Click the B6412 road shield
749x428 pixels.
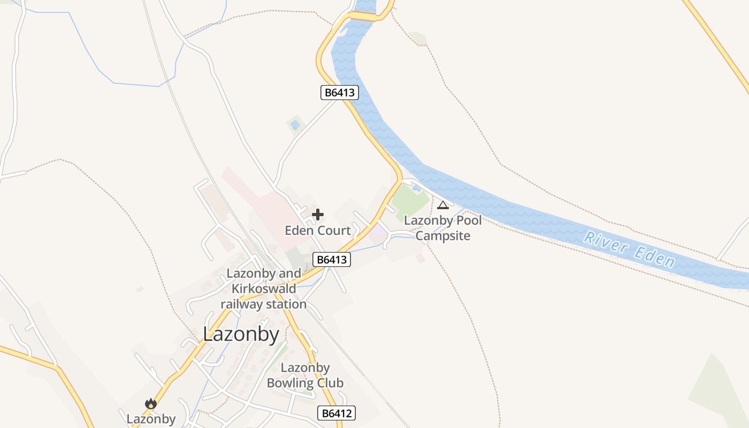click(337, 413)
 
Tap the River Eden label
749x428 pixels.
click(629, 249)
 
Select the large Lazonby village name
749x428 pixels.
click(241, 334)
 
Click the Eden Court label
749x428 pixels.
click(318, 231)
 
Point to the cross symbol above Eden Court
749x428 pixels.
click(318, 215)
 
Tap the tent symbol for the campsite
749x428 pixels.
click(443, 205)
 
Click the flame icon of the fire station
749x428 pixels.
click(151, 403)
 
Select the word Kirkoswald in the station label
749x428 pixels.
click(263, 289)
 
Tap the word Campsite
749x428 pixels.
click(443, 236)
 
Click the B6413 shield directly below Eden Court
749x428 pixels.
click(332, 260)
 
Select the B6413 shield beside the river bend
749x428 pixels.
click(339, 93)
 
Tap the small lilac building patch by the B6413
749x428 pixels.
click(379, 231)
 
